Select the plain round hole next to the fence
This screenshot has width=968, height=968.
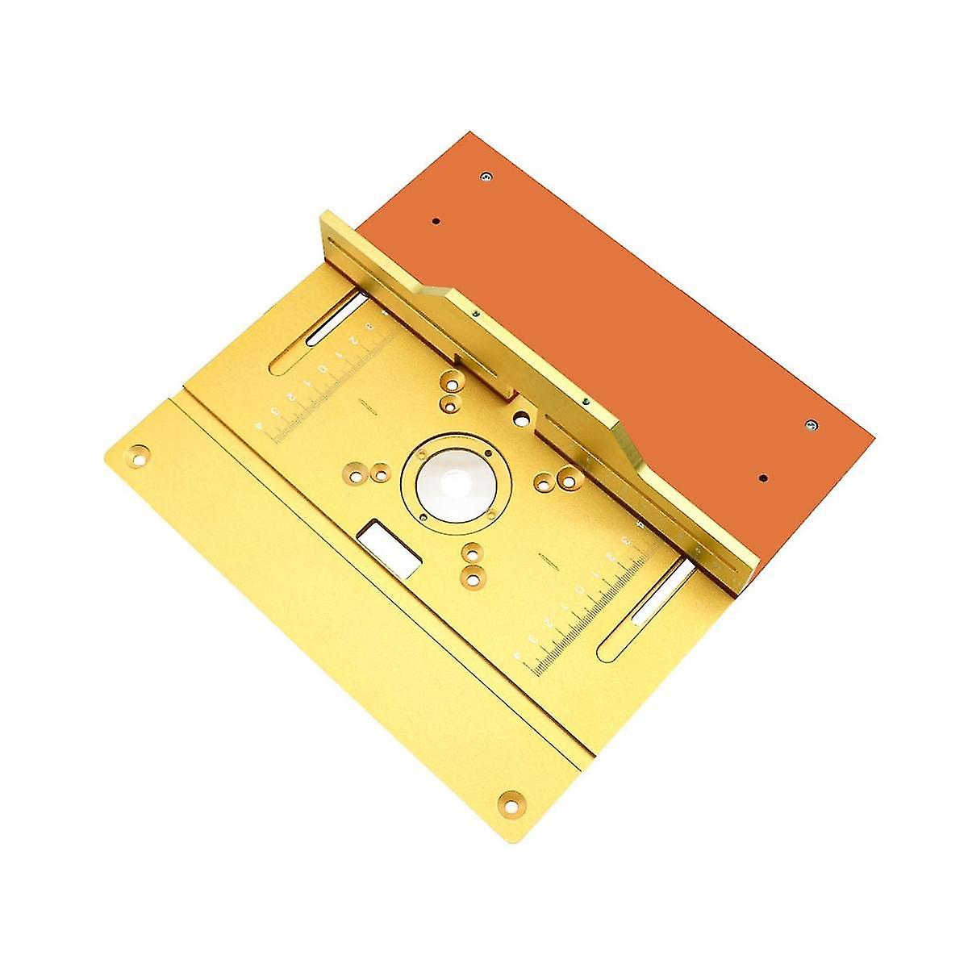[522, 419]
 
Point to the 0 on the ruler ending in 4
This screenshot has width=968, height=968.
[323, 372]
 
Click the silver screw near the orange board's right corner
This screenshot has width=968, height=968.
[811, 425]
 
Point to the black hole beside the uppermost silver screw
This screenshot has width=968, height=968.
[436, 221]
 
